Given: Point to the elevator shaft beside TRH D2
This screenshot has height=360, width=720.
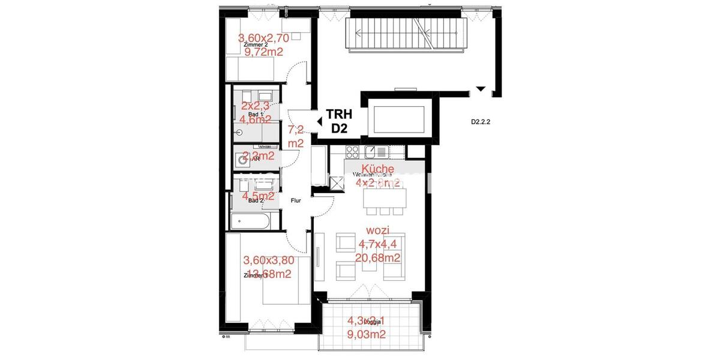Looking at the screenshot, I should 401,116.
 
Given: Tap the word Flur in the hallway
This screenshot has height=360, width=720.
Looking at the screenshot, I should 296,201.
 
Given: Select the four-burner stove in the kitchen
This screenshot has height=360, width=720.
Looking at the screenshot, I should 352,151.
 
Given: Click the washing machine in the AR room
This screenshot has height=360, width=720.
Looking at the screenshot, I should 243,159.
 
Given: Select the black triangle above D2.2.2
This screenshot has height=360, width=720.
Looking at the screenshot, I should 480,89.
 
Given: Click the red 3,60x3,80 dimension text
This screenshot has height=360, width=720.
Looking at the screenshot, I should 268,260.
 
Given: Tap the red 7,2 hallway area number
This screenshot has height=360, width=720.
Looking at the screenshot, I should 295,130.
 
